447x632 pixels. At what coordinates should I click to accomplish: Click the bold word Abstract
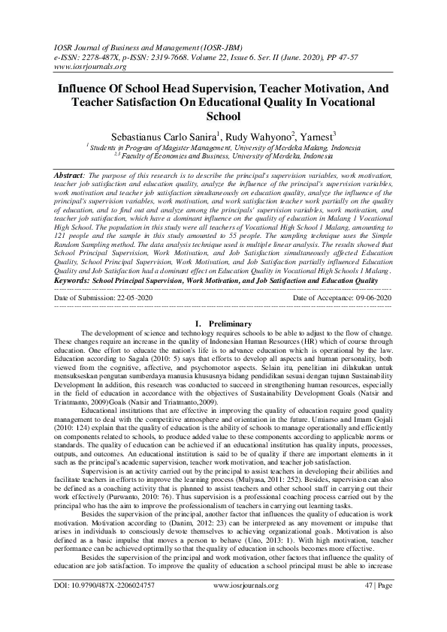(x=70, y=174)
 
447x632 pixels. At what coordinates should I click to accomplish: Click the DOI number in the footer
(x=105, y=604)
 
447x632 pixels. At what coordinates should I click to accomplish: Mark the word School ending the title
(x=223, y=116)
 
